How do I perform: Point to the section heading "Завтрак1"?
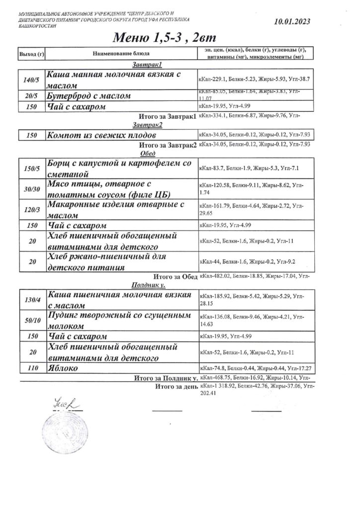pyautogui.click(x=148, y=65)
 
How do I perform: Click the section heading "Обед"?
pyautogui.click(x=148, y=154)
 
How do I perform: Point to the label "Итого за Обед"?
pyautogui.click(x=176, y=276)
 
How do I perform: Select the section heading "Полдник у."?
pyautogui.click(x=148, y=285)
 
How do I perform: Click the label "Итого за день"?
pyautogui.click(x=177, y=386)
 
